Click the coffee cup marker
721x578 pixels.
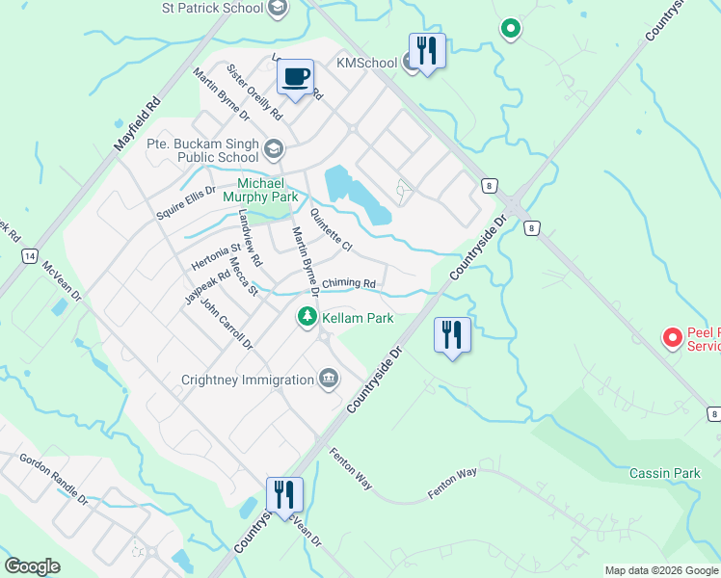pos(296,76)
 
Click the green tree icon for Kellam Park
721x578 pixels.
pos(307,317)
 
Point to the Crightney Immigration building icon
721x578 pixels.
pos(328,378)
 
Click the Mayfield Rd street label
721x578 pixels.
pos(136,120)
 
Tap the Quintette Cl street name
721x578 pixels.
pos(332,232)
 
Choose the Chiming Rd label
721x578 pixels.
pos(348,283)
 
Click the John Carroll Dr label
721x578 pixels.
pos(226,324)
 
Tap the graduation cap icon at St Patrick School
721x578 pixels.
pos(279,9)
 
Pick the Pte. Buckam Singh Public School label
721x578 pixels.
pos(202,150)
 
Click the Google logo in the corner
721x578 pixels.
pos(32,566)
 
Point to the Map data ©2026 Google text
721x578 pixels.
pos(660,570)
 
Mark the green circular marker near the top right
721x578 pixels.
pos(510,29)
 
